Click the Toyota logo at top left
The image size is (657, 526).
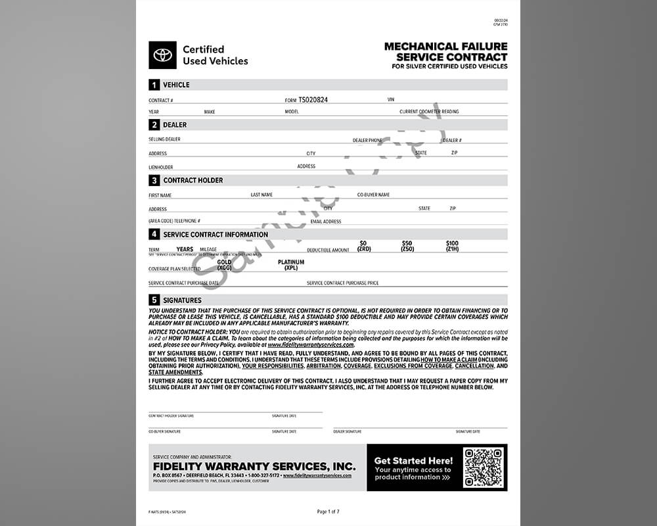(162, 55)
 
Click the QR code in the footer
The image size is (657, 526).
(483, 467)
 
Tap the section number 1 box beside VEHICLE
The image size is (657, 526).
(154, 85)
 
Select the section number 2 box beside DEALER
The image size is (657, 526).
(154, 125)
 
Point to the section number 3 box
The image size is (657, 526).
(154, 180)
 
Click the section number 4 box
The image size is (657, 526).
(154, 234)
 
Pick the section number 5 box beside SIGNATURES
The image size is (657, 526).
(154, 300)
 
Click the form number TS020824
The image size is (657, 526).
(313, 100)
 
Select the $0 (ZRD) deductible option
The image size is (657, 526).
(363, 247)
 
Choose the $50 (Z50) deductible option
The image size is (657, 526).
(407, 247)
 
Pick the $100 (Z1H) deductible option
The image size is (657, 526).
(452, 247)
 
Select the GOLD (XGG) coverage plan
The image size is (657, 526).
(225, 265)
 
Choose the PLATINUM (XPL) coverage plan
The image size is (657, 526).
(291, 265)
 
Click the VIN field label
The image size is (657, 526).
(391, 100)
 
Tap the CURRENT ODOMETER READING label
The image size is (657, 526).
(429, 112)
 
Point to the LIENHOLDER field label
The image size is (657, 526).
(161, 167)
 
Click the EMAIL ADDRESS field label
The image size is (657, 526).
(326, 222)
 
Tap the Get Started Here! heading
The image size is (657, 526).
(413, 461)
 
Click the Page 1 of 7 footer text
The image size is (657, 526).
(328, 512)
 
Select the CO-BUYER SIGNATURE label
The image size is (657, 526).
(164, 432)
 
